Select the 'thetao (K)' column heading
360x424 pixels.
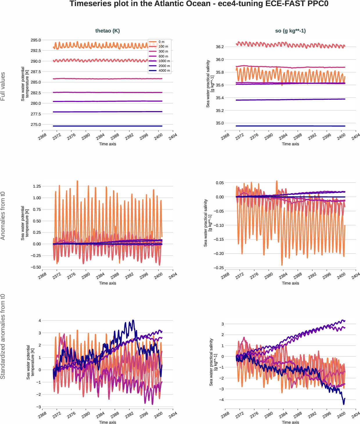click(x=107, y=31)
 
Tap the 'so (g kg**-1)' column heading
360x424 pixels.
click(x=290, y=31)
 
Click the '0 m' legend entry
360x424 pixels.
click(x=161, y=42)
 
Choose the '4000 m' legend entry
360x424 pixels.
click(x=164, y=70)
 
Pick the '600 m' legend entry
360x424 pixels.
click(x=163, y=56)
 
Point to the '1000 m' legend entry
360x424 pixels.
click(x=164, y=61)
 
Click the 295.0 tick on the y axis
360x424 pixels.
click(x=36, y=40)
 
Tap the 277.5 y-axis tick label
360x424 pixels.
click(x=36, y=114)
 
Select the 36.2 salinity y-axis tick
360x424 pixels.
click(x=220, y=47)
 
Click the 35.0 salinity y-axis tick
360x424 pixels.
click(x=220, y=123)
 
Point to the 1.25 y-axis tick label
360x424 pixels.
click(x=37, y=186)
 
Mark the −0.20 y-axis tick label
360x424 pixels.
click(x=219, y=253)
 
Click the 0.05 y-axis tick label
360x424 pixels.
click(x=220, y=183)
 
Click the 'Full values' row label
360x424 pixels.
click(x=3, y=86)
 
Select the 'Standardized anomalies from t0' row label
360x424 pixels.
click(x=3, y=336)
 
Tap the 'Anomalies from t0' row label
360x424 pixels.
click(x=3, y=215)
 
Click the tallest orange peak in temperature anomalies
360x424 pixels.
click(x=77, y=181)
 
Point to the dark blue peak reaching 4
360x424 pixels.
click(x=133, y=320)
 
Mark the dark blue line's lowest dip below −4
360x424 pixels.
click(x=344, y=404)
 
